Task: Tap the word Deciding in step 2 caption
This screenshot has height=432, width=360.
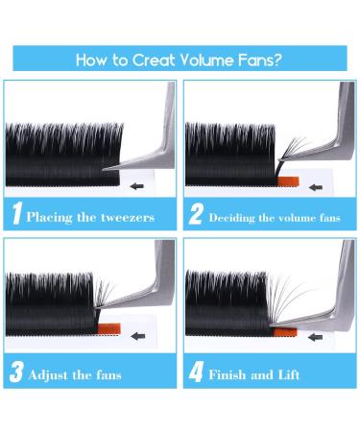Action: (x=234, y=217)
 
